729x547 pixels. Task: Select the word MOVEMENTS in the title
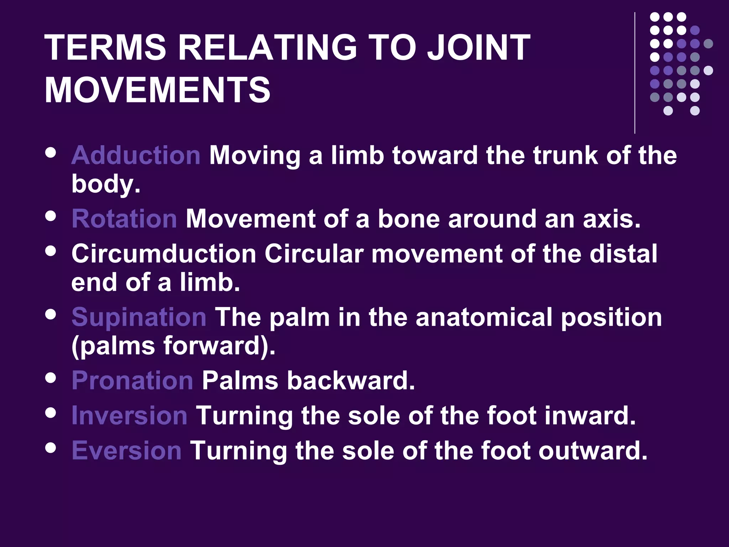coord(157,90)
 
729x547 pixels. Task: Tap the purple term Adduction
coord(136,156)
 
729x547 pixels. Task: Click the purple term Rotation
coord(124,219)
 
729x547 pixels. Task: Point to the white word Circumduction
coord(164,254)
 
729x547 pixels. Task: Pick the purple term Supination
coord(139,317)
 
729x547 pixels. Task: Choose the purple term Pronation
coord(132,380)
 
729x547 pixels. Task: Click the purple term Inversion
coord(129,415)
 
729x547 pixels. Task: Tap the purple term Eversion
coord(127,450)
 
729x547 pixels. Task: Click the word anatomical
coord(484,317)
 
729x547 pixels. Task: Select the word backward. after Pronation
coord(351,380)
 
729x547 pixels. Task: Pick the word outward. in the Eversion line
coord(593,450)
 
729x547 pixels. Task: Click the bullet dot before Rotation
coord(51,216)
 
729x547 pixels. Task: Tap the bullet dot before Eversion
coord(51,448)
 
